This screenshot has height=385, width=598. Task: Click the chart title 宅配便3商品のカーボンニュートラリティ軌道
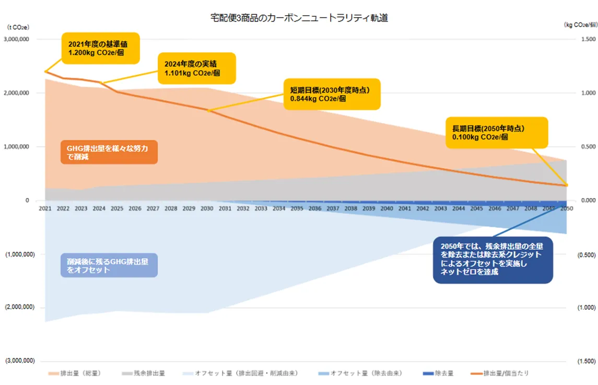(298, 18)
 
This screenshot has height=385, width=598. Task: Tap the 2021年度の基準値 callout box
(101, 49)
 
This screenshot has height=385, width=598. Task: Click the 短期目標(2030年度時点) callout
(331, 94)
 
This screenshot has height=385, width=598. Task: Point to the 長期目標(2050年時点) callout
(496, 132)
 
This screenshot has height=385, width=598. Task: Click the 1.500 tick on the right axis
(588, 39)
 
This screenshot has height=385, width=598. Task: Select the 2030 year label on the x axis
(207, 208)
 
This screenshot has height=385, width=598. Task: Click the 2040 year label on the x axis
(386, 208)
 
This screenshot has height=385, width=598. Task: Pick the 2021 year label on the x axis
(45, 208)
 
